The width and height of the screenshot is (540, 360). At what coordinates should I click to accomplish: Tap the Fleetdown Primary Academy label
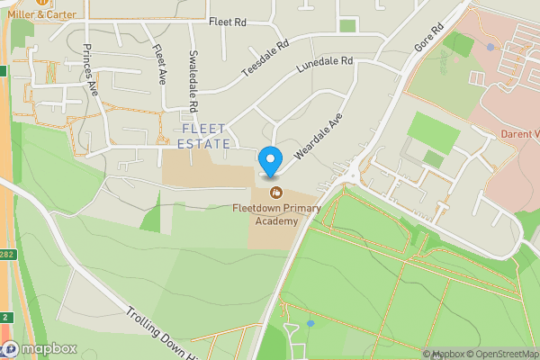coord(276,214)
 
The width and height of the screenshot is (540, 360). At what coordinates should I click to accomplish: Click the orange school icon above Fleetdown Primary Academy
coord(276,192)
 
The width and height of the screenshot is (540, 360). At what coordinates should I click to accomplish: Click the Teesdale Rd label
coord(265,58)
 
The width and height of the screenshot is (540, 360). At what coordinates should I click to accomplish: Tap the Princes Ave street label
coord(90,68)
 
